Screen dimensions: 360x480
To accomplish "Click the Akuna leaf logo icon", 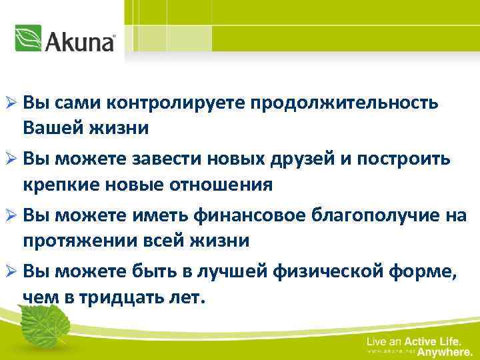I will point(29,38).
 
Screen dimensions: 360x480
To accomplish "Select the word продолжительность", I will point(345,103).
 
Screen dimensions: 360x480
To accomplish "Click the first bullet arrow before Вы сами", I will point(11,104).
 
